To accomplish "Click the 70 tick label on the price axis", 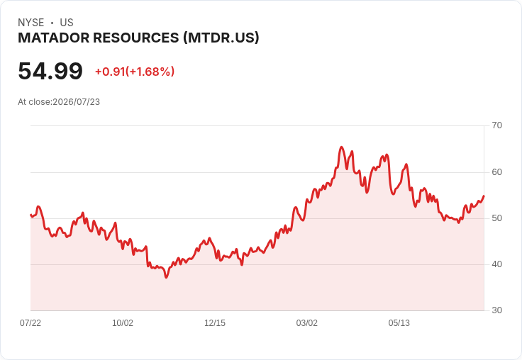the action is point(496,125).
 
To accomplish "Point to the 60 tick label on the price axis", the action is point(496,172).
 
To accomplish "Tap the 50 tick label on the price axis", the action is point(496,218).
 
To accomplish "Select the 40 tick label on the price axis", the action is point(496,264).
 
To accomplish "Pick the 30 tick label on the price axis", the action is point(496,310).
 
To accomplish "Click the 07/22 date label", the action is point(30,322).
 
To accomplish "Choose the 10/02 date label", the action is point(123,322).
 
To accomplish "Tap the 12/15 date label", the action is point(215,322).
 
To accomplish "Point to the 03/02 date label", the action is point(307,322).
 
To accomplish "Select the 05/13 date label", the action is point(399,322).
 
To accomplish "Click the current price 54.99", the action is point(50,71).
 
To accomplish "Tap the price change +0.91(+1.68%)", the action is point(135,72).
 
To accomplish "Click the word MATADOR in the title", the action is point(54,38).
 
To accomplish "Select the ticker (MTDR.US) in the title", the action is point(221,38).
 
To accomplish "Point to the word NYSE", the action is point(31,23).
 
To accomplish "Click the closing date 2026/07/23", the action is point(76,102).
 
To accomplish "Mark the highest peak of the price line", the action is point(342,147).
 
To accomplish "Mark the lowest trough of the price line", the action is point(166,277).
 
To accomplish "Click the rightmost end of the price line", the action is point(484,196).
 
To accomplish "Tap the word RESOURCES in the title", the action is point(136,38).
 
